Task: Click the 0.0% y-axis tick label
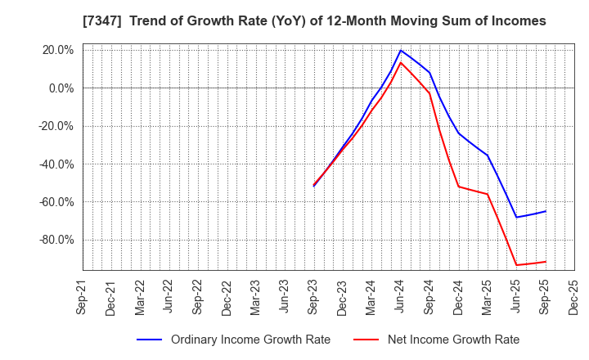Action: [x=61, y=88]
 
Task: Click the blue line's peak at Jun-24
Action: [x=401, y=50]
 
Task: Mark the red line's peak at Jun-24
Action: [x=401, y=63]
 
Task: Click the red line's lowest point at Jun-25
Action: [x=516, y=265]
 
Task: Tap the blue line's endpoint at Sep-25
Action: [x=546, y=211]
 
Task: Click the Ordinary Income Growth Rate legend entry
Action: [x=250, y=340]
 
